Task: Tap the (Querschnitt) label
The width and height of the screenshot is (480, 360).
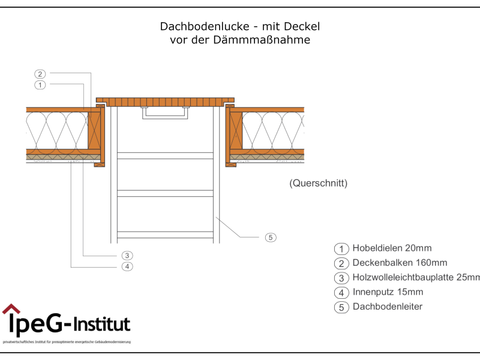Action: click(318, 183)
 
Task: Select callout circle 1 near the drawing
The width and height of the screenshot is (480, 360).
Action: click(40, 85)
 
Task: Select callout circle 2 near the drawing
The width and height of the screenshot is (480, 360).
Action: click(40, 74)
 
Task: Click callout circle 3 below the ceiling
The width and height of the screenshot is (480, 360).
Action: click(127, 256)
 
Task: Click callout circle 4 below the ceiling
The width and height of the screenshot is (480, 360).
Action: click(127, 266)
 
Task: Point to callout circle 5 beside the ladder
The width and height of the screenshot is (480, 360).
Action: click(271, 238)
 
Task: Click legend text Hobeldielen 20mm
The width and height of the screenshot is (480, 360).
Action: click(392, 248)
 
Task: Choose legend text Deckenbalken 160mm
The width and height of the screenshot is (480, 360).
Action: click(400, 263)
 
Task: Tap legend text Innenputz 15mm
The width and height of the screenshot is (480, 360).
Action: click(388, 292)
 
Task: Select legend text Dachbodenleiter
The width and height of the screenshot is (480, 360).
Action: click(387, 307)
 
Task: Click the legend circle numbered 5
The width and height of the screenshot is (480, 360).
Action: click(341, 308)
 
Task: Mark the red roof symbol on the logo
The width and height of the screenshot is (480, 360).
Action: click(11, 309)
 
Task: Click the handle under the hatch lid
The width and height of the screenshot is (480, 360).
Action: click(166, 113)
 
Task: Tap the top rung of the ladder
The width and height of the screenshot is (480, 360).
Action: click(166, 155)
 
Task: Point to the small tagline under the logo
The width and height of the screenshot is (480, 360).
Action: click(67, 342)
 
